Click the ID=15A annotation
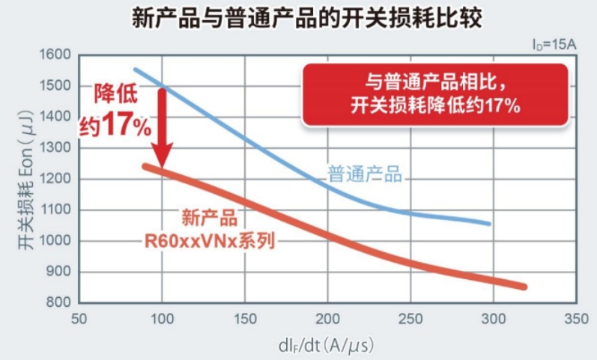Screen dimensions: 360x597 pos(554,45)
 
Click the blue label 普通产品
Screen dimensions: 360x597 pos(366,177)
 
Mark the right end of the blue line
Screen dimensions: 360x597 pos(489,223)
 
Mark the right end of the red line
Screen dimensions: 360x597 pos(524,287)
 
